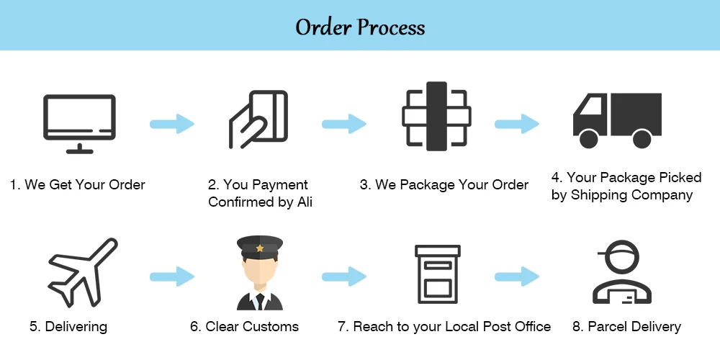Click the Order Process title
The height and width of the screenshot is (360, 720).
[360, 27]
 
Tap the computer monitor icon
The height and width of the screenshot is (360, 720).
[79, 124]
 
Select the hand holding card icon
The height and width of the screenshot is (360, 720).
[258, 120]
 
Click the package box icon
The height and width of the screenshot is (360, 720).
[436, 116]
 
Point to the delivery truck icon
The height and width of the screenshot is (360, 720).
[617, 120]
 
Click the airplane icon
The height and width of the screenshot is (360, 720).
[83, 272]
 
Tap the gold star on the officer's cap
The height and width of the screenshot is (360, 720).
[260, 248]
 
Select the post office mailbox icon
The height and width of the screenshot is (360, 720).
[438, 274]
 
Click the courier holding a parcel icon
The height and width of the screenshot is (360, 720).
[622, 272]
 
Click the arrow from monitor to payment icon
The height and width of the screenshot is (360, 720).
[172, 124]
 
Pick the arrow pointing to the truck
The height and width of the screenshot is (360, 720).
[517, 124]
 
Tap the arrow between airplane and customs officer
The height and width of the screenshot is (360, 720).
[172, 276]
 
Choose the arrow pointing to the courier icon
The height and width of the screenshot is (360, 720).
[517, 276]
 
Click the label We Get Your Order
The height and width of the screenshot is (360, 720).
[85, 184]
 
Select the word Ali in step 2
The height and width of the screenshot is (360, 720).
[305, 202]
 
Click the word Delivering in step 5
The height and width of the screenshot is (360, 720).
[76, 327]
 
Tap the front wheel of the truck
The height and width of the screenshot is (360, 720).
[589, 139]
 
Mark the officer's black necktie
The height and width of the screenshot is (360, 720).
[260, 301]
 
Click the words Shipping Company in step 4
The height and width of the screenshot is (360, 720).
[631, 195]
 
